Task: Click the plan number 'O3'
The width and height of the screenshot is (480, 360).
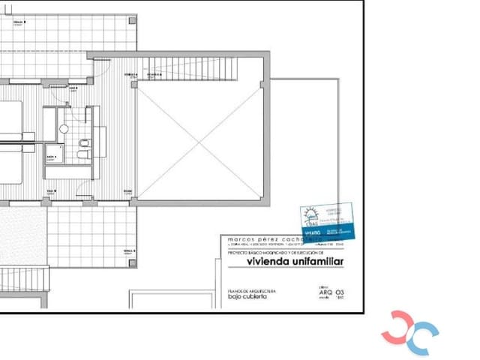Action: click(x=340, y=291)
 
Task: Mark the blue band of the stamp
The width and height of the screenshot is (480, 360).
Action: click(x=328, y=233)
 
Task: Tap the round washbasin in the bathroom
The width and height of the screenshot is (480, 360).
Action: click(x=64, y=130)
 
